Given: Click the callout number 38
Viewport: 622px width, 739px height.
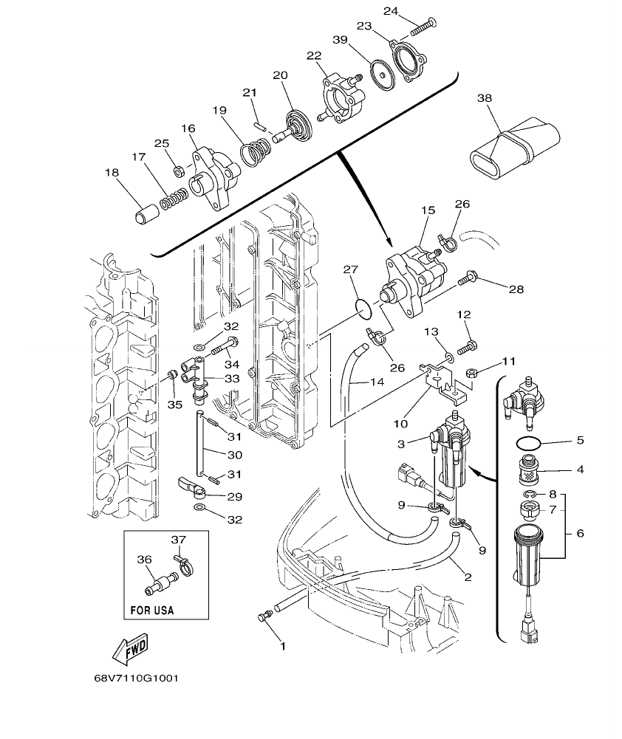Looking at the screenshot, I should [484, 97].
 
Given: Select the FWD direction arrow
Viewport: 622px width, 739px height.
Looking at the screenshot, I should [131, 647].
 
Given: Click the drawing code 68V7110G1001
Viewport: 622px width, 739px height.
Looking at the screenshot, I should [136, 678].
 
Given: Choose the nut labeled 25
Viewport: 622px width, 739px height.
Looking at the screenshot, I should [178, 171].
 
